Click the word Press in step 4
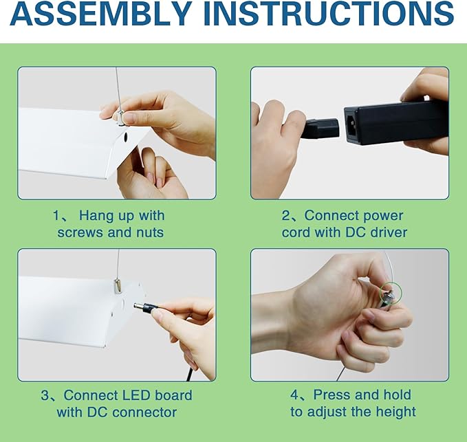coord(332,395)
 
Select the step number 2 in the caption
coord(285,216)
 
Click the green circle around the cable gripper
coord(391,294)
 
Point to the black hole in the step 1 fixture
coord(125,137)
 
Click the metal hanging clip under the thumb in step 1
coord(120,117)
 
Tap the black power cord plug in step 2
coord(320,129)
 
